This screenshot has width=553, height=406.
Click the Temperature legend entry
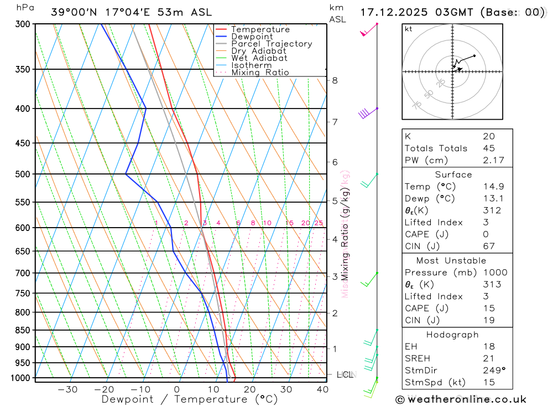click(260, 29)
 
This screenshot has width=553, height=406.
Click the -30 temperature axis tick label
click(67, 389)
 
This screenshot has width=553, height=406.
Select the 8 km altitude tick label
click(335, 80)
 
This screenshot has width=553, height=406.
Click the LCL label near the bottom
click(345, 375)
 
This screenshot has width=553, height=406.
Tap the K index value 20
click(488, 136)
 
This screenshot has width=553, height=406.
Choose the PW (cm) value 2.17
click(488, 161)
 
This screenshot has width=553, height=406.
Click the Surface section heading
click(453, 174)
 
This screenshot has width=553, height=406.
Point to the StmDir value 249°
click(491, 371)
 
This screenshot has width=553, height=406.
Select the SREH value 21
click(488, 358)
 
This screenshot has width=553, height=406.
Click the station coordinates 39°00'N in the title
click(77, 12)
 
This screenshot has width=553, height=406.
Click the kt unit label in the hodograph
click(408, 29)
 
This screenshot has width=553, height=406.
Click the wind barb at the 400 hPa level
click(364, 114)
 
